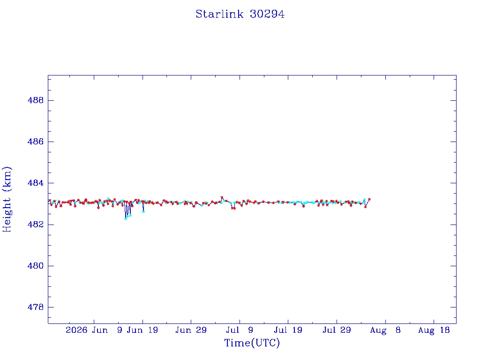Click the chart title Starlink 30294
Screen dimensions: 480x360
pos(240,14)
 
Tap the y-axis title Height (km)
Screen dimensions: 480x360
pos(7,199)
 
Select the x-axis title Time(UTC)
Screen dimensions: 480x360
pos(252,343)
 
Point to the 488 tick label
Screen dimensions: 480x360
pos(36,100)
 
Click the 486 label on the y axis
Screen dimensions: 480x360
pos(36,142)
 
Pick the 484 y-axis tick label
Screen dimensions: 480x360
pos(36,183)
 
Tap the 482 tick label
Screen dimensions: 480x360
pos(36,225)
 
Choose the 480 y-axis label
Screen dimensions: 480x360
pos(36,266)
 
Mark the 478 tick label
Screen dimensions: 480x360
pos(36,307)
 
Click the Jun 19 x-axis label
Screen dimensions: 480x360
pos(142,330)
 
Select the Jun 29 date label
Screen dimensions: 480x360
pos(191,330)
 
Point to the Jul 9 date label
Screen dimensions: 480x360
pos(240,330)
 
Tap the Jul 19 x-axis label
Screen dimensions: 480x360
pos(288,330)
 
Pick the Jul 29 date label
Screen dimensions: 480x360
pos(337,330)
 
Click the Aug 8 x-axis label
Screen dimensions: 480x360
pos(385,330)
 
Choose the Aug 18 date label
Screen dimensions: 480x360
pos(434,330)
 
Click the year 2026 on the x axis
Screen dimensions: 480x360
pos(76,330)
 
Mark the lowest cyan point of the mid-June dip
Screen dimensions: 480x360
pos(126,218)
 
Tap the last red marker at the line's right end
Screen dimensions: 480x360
pos(369,199)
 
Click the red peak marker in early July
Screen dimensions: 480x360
pos(222,197)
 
